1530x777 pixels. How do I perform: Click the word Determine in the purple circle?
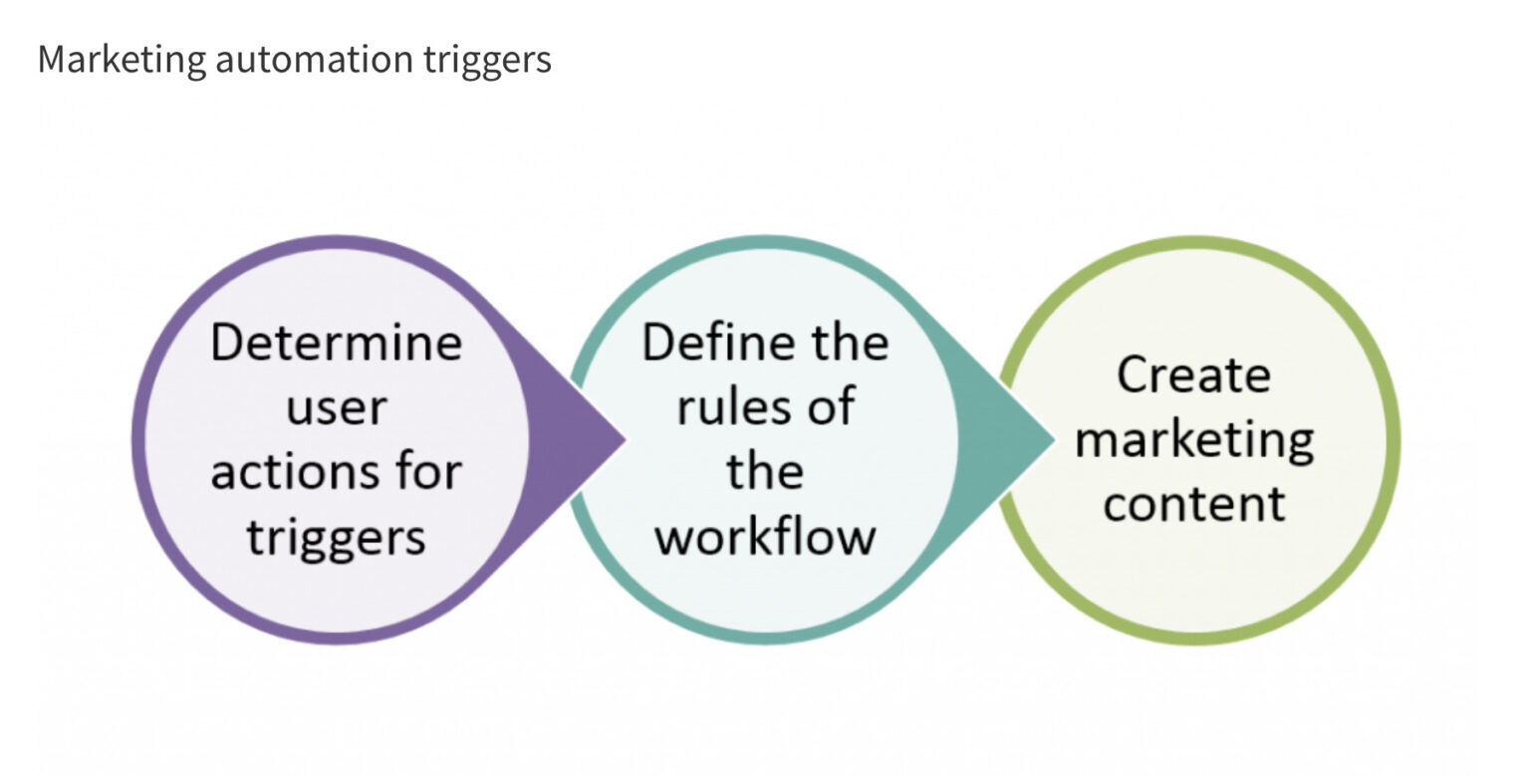337,344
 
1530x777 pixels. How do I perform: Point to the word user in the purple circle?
337,407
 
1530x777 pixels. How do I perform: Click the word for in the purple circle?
422,471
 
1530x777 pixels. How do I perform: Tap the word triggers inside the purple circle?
337,537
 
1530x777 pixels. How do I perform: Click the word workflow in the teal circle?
765,537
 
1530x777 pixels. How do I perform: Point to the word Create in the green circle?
1193,376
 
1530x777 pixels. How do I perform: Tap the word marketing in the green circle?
1193,440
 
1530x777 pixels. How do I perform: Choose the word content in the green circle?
1193,503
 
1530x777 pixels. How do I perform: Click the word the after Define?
839,344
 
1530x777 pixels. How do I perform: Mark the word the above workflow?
765,471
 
